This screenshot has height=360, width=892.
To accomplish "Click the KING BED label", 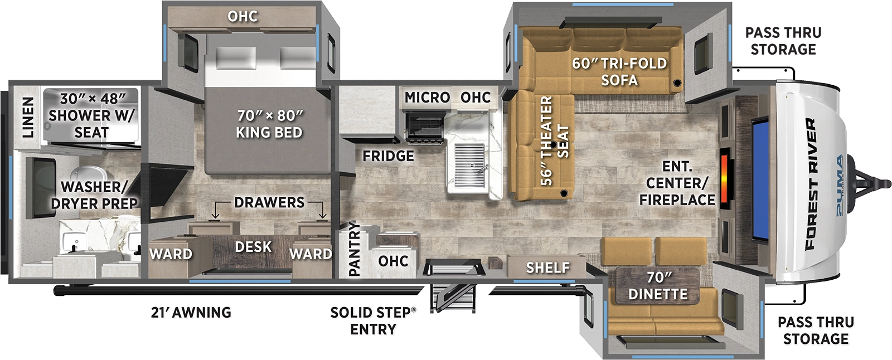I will pyautogui.click(x=269, y=124).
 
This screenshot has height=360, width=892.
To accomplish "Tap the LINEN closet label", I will pyautogui.click(x=27, y=117).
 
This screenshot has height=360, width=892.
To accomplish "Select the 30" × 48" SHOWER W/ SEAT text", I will pyautogui.click(x=92, y=115).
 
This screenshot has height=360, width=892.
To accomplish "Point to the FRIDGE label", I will pyautogui.click(x=388, y=156).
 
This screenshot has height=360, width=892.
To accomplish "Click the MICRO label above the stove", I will pyautogui.click(x=427, y=98).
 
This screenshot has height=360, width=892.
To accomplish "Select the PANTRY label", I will pyautogui.click(x=354, y=249).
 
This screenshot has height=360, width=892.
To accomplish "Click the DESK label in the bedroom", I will pyautogui.click(x=253, y=246).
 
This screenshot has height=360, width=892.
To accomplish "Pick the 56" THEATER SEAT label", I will pyautogui.click(x=555, y=140).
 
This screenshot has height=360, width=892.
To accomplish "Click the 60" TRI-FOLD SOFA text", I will pyautogui.click(x=619, y=71).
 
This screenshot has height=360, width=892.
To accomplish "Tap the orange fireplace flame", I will pyautogui.click(x=725, y=178).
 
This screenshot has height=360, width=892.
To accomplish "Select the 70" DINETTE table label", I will pyautogui.click(x=658, y=285).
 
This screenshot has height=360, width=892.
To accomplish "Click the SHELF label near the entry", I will pyautogui.click(x=547, y=268).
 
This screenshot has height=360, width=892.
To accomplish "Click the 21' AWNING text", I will pyautogui.click(x=191, y=312).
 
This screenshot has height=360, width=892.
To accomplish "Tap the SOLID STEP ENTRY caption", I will pyautogui.click(x=373, y=320).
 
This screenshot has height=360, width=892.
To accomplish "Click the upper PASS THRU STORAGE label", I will pyautogui.click(x=783, y=41).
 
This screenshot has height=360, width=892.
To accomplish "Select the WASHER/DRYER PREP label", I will pyautogui.click(x=94, y=195).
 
